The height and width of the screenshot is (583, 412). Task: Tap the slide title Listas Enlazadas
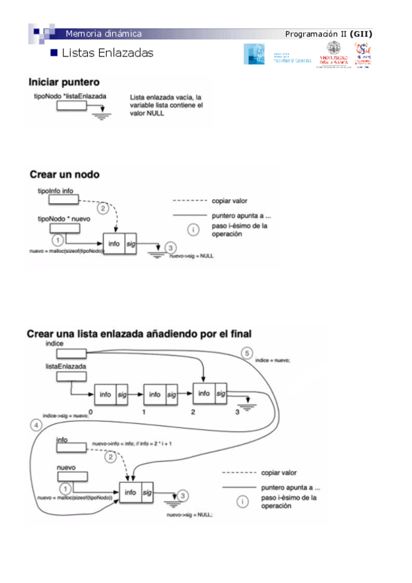(107, 53)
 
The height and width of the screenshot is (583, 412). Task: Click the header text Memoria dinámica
(103, 34)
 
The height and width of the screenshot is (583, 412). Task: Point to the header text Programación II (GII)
(329, 34)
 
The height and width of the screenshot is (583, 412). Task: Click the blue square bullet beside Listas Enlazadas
(55, 53)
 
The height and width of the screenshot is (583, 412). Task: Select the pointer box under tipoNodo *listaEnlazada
(72, 106)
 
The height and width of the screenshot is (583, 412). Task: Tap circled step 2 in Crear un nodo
(102, 208)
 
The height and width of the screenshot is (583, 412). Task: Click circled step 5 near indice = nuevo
(247, 353)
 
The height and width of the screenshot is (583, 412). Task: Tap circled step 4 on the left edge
(36, 425)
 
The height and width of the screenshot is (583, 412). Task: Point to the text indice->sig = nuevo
(65, 415)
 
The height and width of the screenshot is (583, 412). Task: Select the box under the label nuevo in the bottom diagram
(70, 477)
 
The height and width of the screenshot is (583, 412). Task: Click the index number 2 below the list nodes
(193, 412)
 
